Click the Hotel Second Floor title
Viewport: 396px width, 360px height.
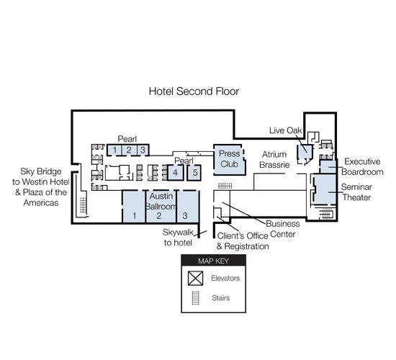pyautogui.click(x=194, y=91)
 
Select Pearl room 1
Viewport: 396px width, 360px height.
pyautogui.click(x=114, y=150)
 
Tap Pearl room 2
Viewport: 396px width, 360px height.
pyautogui.click(x=130, y=150)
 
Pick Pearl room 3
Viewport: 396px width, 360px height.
pyautogui.click(x=143, y=150)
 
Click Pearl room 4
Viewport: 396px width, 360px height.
pyautogui.click(x=176, y=173)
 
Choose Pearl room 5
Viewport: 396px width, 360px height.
pyautogui.click(x=194, y=173)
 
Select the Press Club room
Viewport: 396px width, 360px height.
pyautogui.click(x=229, y=159)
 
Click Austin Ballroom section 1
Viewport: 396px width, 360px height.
pyautogui.click(x=134, y=207)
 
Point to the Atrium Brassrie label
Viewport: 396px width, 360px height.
pyautogui.click(x=274, y=159)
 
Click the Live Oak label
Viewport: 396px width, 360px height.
pyautogui.click(x=285, y=130)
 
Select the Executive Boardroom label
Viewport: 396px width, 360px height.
pyautogui.click(x=362, y=167)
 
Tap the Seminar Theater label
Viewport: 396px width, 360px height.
pyautogui.click(x=356, y=192)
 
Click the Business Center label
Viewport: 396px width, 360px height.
pyautogui.click(x=283, y=229)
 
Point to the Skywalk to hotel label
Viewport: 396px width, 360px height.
pyautogui.click(x=178, y=238)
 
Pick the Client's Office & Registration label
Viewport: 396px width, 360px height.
pyautogui.click(x=243, y=241)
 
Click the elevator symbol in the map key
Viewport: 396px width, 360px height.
pyautogui.click(x=195, y=278)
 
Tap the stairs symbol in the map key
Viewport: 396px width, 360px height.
pyautogui.click(x=195, y=298)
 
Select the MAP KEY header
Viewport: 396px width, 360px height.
pyautogui.click(x=213, y=261)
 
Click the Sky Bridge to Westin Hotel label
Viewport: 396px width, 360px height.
pyautogui.click(x=40, y=187)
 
